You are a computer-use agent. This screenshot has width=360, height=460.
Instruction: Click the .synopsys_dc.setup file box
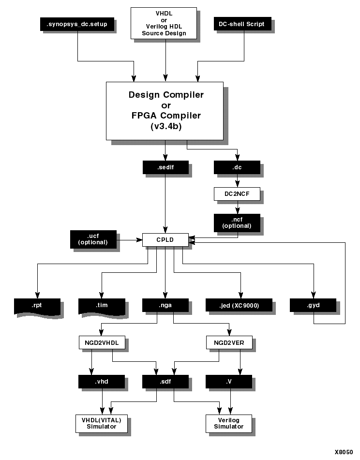pyautogui.click(x=76, y=24)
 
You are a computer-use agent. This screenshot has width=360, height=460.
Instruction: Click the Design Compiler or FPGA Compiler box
pyautogui.click(x=165, y=110)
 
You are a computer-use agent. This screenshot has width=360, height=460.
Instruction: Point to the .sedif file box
pyautogui.click(x=165, y=167)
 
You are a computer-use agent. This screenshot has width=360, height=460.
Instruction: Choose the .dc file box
pyautogui.click(x=237, y=167)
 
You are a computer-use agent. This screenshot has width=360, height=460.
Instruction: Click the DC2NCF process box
pyautogui.click(x=237, y=194)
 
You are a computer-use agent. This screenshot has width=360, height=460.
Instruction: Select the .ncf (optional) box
pyautogui.click(x=237, y=223)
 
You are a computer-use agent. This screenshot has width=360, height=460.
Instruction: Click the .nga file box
pyautogui.click(x=165, y=306)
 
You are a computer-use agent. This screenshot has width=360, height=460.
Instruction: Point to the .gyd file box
pyautogui.click(x=313, y=306)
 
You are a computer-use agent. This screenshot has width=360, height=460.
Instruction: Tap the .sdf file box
pyautogui.click(x=165, y=381)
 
